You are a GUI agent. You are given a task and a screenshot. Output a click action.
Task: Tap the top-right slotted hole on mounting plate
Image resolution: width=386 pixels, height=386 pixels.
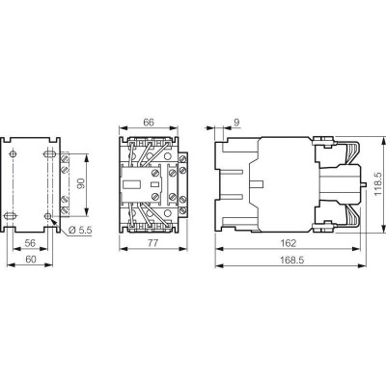pos(47,153)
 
